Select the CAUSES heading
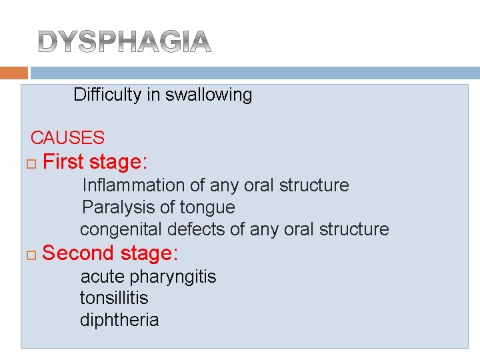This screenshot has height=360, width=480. point(67,138)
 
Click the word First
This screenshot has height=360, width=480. point(63,162)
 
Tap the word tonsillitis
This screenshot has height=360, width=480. point(114,298)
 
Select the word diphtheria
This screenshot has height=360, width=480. point(119,320)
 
